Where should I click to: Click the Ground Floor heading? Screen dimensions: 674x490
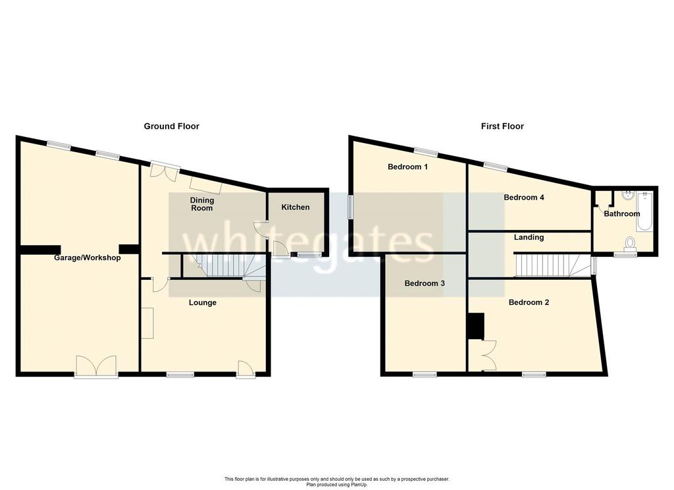coord(172,126)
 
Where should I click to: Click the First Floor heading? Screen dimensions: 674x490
coord(502,126)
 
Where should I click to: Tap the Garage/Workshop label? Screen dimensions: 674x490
coord(88,258)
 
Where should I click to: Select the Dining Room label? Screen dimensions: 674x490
coord(202,204)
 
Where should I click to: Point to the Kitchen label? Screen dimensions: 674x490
coord(296,207)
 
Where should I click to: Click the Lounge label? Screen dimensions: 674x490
coord(203,302)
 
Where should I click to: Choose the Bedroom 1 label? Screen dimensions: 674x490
coord(407,167)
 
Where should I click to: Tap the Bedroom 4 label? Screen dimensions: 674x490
coord(524,197)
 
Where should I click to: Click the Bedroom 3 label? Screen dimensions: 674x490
coord(425,283)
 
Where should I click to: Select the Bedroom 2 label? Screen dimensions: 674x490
coord(529,302)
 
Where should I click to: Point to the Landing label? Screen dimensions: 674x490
coord(529,237)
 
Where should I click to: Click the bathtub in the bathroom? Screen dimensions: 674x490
coord(645,212)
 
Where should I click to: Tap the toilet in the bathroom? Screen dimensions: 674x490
coord(631,242)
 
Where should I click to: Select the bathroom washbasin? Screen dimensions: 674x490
coord(629,196)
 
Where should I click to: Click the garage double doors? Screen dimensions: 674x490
coord(96,366)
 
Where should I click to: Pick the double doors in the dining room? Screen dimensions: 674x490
coord(165,169)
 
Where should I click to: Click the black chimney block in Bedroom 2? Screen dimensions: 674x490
coord(476,326)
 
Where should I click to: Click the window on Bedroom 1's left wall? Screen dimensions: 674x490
coord(351,207)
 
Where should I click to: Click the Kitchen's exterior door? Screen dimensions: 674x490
coord(280,250)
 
